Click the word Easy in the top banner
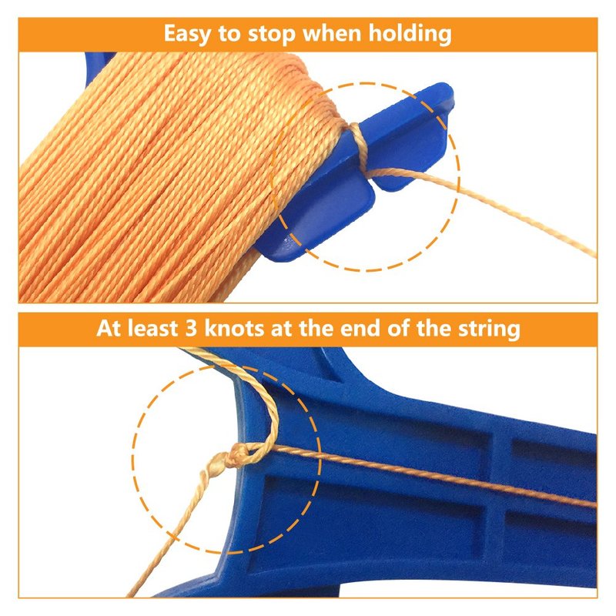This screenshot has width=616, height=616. point(187,34)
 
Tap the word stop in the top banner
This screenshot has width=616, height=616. point(271,35)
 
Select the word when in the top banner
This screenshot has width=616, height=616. point(332,33)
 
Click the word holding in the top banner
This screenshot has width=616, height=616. point(410,35)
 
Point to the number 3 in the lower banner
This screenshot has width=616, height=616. point(191,329)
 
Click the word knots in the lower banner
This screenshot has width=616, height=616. point(234,328)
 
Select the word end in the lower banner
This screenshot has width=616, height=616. point(360,328)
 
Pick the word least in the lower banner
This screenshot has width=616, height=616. point(152,328)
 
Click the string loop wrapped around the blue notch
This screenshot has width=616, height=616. point(358,146)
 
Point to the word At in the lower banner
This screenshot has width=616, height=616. point(108,329)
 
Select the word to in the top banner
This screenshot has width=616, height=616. point(229,35)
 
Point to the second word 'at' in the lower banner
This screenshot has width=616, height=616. point(281,330)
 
